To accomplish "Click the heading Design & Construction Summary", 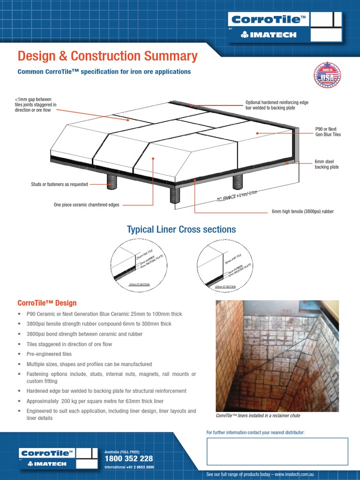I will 107,56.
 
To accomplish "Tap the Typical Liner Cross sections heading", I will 181,229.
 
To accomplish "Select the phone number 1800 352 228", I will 128,458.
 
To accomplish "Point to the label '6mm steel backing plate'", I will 326,165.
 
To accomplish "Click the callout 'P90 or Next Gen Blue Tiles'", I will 328,132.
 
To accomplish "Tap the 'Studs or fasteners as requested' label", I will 60,184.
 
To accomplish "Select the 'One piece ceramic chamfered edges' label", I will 86,204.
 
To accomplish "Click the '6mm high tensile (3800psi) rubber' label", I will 303,211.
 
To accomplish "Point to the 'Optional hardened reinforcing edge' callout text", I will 277,103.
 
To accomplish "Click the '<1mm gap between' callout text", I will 33,99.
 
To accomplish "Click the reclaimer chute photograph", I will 277,356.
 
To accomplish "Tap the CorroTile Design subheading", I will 47,303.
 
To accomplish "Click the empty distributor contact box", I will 277,451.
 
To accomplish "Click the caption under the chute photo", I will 258,416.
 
